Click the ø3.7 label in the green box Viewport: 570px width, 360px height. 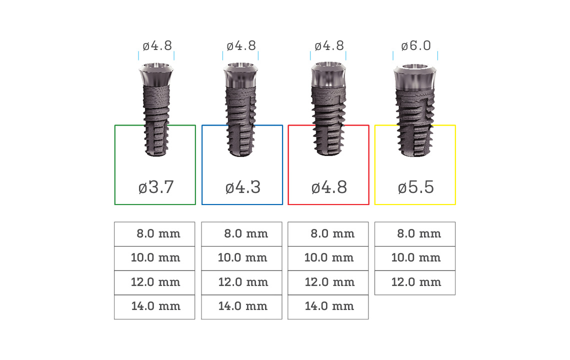156,187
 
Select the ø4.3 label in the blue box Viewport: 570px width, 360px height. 243,187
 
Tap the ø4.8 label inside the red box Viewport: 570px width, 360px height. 329,187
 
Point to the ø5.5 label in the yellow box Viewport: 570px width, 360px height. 415,187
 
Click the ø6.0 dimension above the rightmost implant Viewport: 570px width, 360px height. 416,46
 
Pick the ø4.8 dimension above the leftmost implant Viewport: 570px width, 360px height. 157,46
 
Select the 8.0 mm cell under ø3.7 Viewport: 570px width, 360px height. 154,234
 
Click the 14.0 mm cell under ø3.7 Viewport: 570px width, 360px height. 154,307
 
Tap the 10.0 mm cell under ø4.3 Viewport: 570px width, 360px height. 241,258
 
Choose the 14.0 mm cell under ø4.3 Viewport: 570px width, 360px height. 241,307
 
